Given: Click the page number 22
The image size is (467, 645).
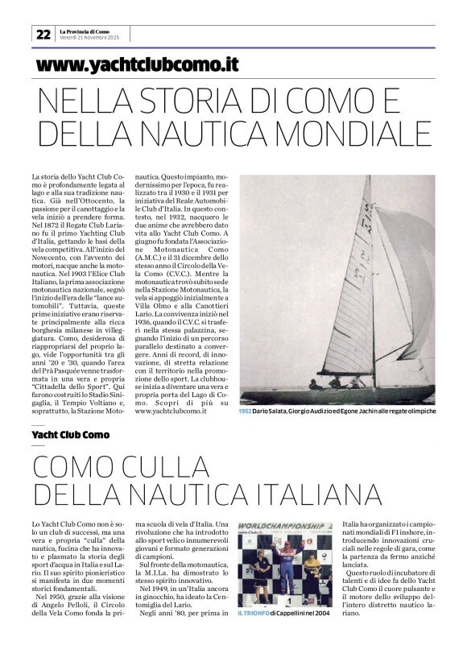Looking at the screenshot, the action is coord(42,34).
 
